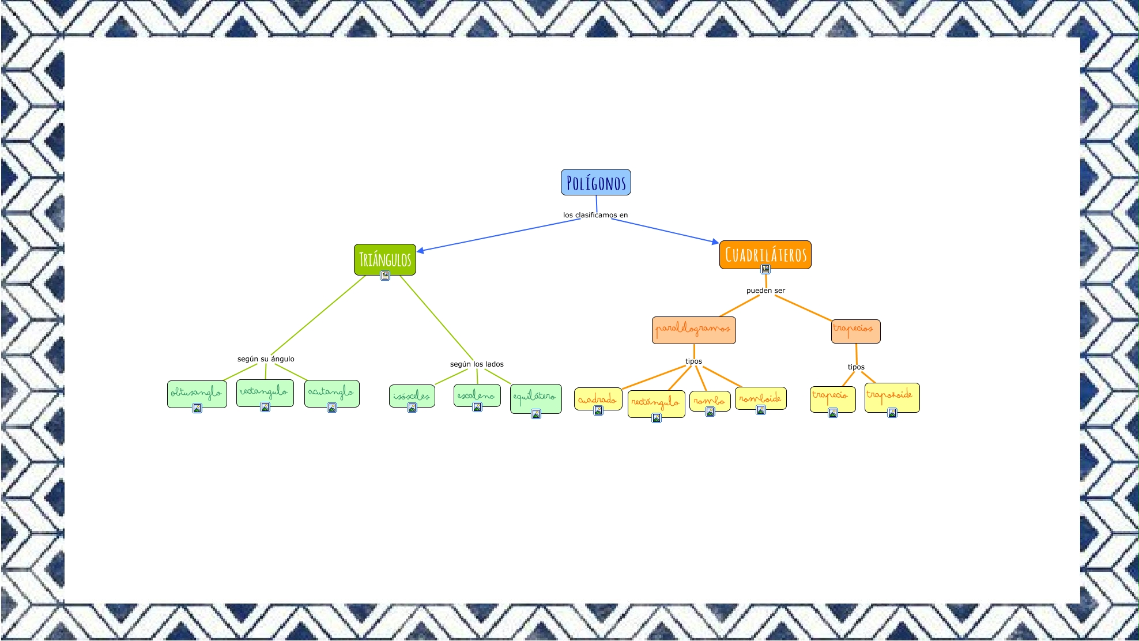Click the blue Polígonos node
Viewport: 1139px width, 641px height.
(x=595, y=182)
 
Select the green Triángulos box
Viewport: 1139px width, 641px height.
(x=384, y=259)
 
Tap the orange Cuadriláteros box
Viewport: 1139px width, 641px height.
(x=765, y=254)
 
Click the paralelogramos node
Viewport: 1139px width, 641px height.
(x=693, y=330)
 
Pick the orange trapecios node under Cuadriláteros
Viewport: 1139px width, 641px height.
(x=855, y=331)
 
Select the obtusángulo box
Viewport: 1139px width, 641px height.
(x=197, y=393)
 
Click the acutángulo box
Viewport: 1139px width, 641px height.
(x=331, y=393)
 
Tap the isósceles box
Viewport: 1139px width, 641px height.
(x=412, y=395)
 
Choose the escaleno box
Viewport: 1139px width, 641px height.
(x=477, y=395)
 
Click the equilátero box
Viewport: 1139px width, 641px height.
(x=535, y=397)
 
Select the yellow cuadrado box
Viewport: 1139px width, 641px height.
(x=598, y=398)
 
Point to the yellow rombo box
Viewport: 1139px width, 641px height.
(x=710, y=400)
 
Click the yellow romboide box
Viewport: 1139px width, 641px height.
(x=760, y=398)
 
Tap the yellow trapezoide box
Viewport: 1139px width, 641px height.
(x=892, y=397)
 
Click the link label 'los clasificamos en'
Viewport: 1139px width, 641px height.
(x=595, y=215)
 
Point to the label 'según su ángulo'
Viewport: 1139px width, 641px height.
(x=266, y=359)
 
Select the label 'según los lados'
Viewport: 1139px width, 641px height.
(x=477, y=364)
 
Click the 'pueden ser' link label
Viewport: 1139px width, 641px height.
(x=765, y=291)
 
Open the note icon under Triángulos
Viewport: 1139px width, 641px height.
(x=385, y=276)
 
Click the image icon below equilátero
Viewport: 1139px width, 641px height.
(x=536, y=414)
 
